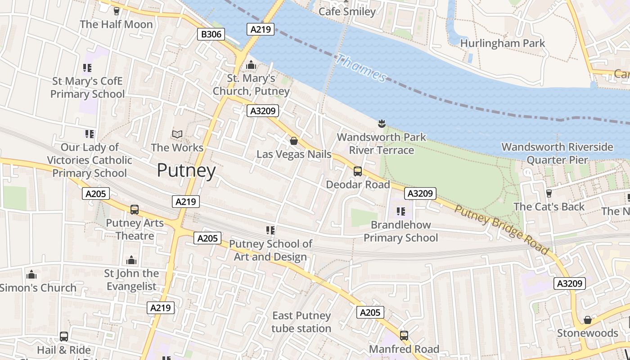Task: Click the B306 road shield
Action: [x=211, y=34]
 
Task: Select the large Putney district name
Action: [x=186, y=171]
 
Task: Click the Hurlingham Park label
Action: [x=502, y=43]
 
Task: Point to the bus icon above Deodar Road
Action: [x=358, y=171]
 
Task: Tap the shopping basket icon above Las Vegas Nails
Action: [x=294, y=141]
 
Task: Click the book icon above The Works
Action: [x=177, y=134]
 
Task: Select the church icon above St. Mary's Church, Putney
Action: [x=251, y=65]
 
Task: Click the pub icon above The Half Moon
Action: [x=117, y=11]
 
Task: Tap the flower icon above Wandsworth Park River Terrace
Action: [x=382, y=123]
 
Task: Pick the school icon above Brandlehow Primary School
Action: [x=400, y=211]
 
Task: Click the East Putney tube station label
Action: [x=301, y=322]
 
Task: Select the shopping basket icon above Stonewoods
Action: [x=587, y=320]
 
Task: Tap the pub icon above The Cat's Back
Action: [x=549, y=193]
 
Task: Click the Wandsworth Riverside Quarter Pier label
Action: [x=557, y=153]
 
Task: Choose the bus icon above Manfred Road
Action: [x=404, y=336]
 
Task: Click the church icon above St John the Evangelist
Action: [x=131, y=260]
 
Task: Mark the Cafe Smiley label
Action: [x=347, y=11]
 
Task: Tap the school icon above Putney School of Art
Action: [x=270, y=230]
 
